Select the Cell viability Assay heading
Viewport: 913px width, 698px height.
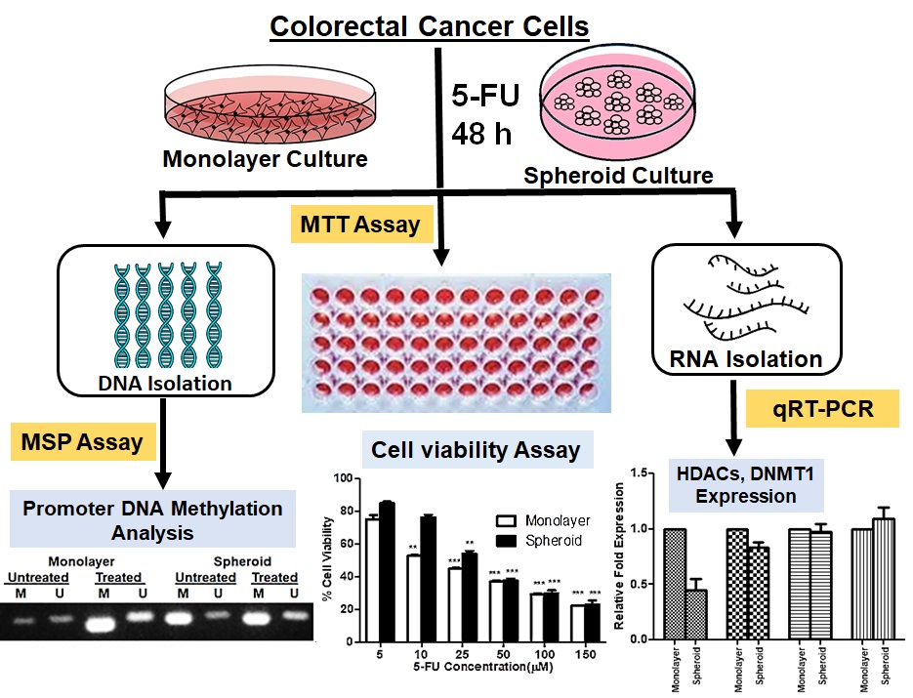click(x=476, y=450)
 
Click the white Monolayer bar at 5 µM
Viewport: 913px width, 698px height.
click(x=372, y=576)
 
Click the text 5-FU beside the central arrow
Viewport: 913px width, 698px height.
click(x=484, y=97)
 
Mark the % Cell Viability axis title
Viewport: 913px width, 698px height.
click(x=329, y=556)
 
